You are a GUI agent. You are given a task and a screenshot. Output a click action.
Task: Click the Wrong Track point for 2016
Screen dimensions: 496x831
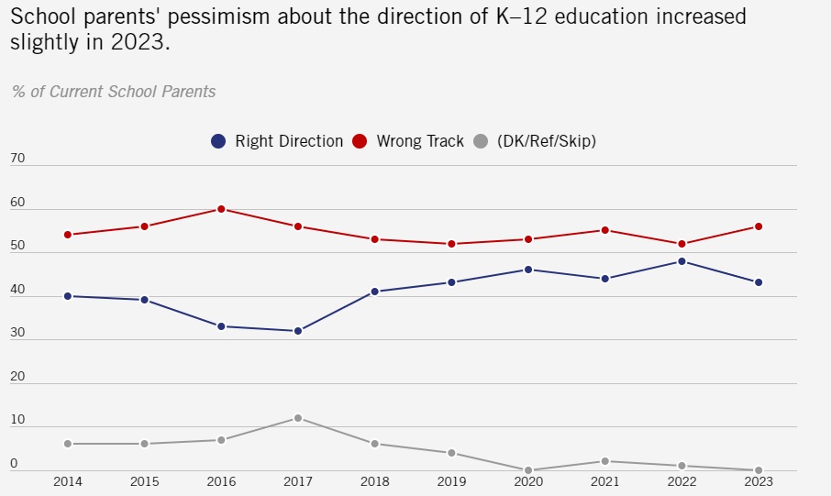[x=221, y=209]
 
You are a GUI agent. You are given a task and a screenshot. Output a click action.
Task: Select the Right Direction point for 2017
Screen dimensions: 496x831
[x=298, y=331]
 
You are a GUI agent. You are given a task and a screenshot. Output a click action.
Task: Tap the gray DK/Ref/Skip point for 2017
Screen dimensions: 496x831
[x=298, y=418]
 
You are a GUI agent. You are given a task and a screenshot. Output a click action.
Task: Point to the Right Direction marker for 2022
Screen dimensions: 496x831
[x=681, y=261]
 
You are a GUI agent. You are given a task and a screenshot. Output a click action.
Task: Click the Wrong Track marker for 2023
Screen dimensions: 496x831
[x=759, y=226]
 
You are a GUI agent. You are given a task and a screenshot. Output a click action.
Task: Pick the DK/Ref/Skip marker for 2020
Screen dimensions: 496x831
[x=528, y=470]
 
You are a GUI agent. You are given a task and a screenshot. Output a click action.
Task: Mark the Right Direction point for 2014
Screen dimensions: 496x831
[x=68, y=296]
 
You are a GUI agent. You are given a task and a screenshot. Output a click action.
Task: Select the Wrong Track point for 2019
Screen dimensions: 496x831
[x=451, y=244]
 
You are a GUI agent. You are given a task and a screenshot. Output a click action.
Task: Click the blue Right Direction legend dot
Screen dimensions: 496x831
[x=218, y=141]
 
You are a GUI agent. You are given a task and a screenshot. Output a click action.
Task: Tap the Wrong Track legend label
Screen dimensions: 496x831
[x=420, y=141]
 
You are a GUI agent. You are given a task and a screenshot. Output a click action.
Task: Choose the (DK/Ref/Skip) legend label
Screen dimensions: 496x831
[x=547, y=141]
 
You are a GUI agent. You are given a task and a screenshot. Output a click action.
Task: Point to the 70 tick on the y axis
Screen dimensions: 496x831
[x=17, y=160]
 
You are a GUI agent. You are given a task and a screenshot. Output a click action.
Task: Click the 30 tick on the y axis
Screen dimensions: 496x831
[x=17, y=334]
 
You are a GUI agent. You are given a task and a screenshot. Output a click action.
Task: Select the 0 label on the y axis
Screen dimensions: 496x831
[x=14, y=465]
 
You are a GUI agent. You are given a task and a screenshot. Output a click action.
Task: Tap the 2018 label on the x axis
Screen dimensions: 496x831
[x=374, y=481]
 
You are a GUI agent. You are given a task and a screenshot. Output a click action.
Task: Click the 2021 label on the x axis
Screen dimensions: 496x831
[x=604, y=481]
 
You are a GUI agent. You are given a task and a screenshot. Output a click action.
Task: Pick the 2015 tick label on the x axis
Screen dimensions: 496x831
[x=144, y=481]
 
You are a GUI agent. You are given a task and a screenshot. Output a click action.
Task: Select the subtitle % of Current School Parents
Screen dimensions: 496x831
[x=114, y=91]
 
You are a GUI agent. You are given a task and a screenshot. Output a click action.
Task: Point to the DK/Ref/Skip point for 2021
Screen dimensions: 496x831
[x=604, y=461]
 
